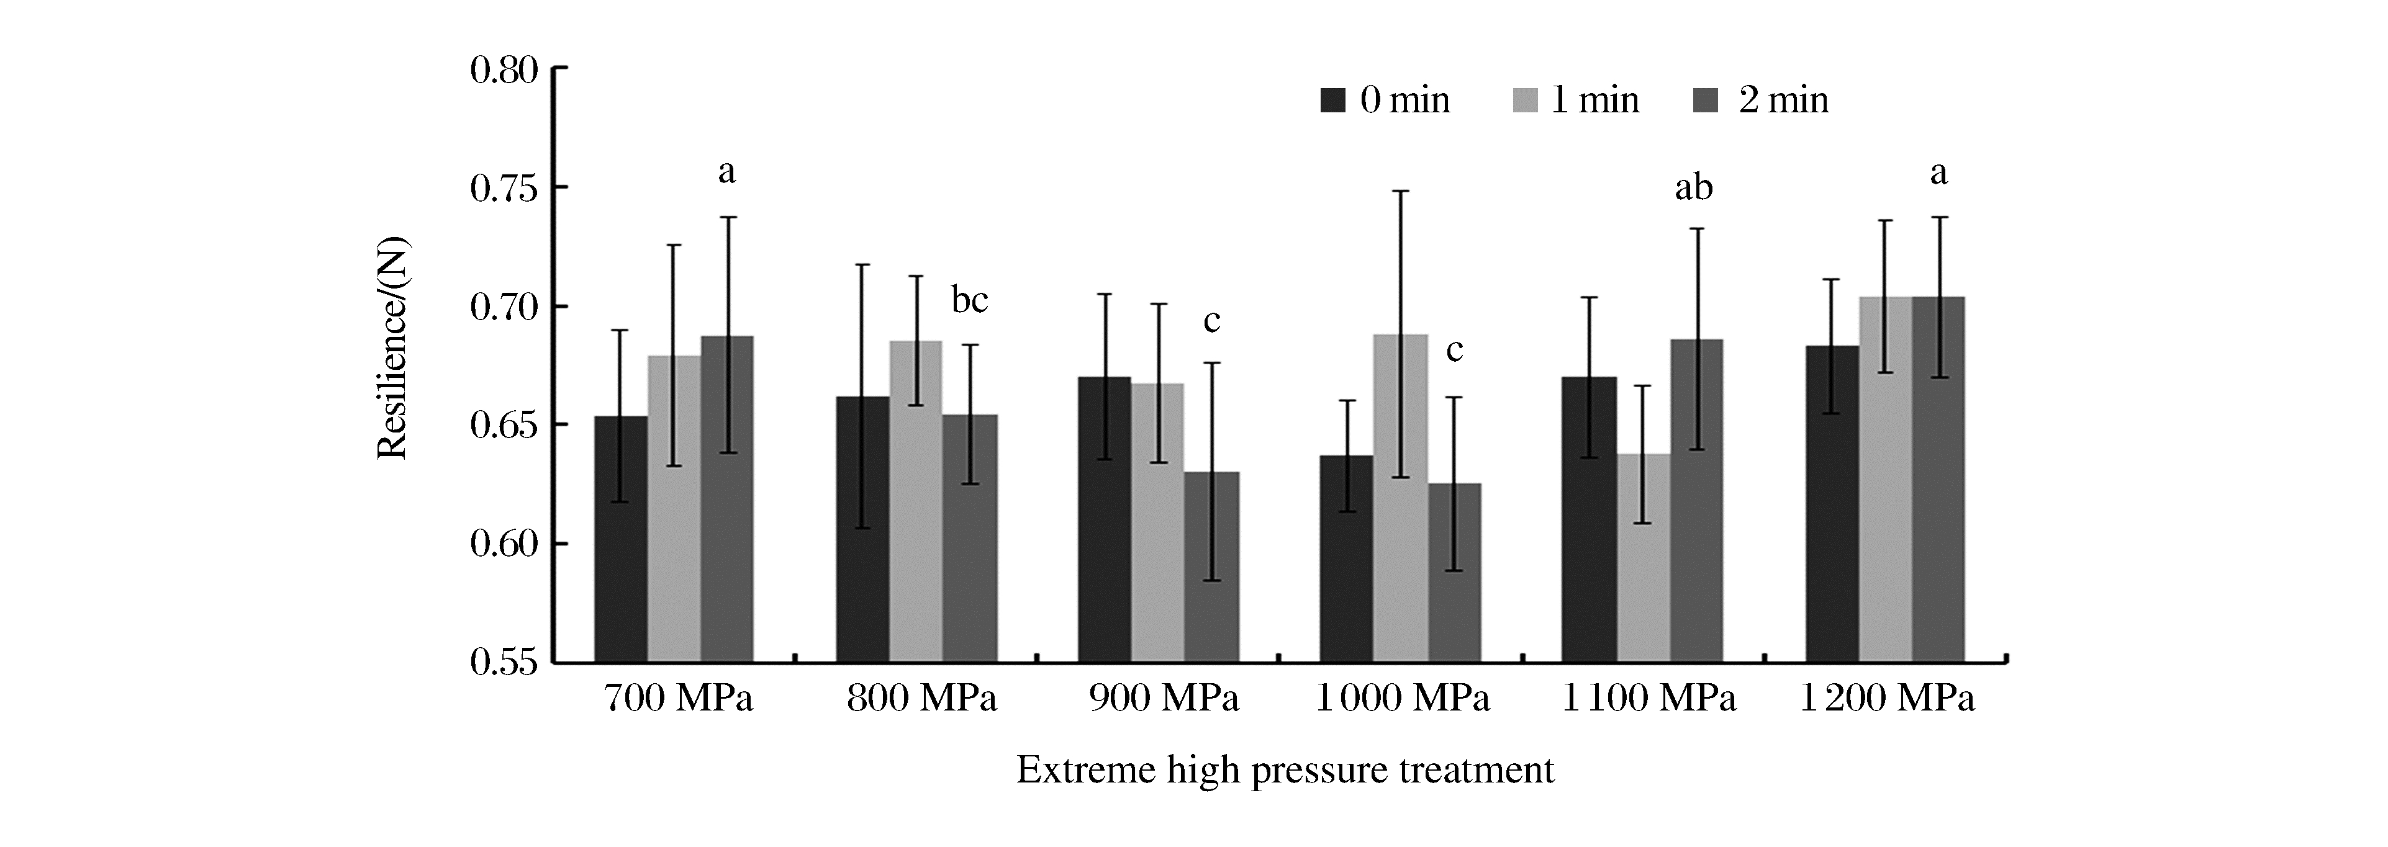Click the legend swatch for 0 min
(x=1332, y=100)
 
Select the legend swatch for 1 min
(x=1525, y=100)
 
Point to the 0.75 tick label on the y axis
(x=504, y=188)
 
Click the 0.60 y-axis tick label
(x=504, y=544)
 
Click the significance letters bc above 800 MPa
(x=970, y=300)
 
